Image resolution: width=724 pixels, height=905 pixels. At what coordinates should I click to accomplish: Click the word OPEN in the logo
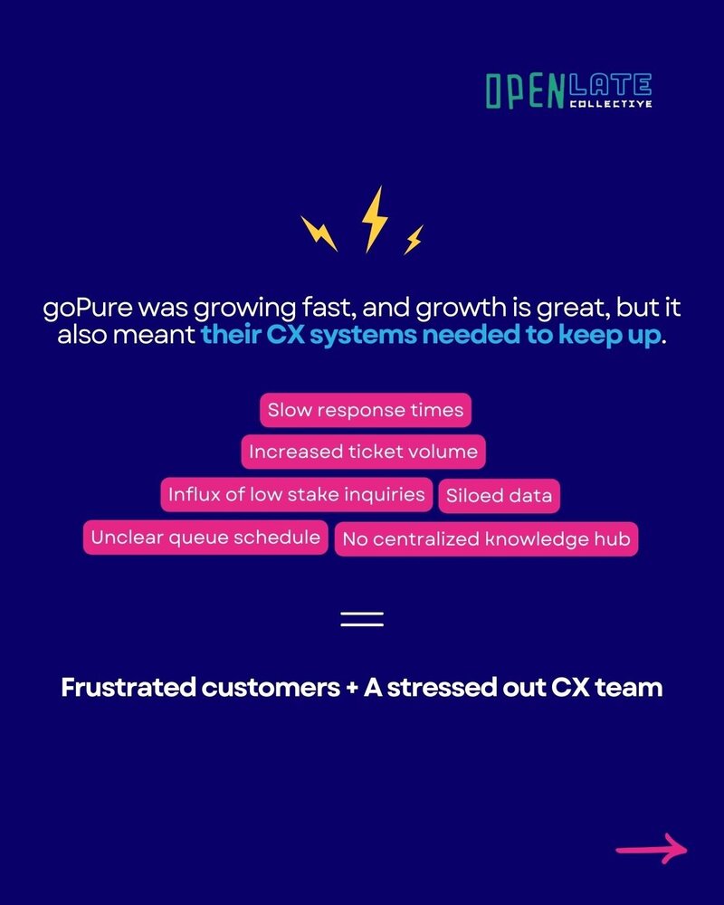525,91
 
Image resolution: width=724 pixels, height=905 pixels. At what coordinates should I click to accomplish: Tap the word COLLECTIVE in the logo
611,104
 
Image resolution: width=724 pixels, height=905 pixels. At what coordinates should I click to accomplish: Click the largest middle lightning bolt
375,219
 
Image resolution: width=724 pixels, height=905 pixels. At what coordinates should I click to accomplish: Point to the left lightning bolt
319,233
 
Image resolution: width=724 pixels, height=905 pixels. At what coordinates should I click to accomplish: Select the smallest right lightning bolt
414,240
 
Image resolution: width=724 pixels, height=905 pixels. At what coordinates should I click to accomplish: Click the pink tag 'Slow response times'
366,410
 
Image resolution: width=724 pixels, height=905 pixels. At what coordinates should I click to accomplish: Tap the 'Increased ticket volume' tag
363,452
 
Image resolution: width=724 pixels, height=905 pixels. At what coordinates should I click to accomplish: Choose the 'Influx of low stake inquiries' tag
297,495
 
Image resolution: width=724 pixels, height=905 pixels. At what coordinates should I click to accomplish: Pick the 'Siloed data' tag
499,496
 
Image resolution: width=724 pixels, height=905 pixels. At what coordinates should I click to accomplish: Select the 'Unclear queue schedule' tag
205,538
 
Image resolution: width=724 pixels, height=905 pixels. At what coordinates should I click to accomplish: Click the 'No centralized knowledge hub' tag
486,539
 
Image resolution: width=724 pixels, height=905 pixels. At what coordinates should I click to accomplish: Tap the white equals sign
362,619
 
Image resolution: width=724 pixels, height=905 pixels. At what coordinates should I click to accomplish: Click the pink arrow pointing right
652,849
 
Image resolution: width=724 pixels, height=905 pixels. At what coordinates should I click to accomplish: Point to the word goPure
88,309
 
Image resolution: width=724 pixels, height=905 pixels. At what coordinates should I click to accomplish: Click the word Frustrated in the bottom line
129,688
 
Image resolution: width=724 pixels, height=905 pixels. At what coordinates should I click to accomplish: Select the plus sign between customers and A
352,689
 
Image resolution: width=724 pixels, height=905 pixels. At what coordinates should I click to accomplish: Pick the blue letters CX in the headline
285,335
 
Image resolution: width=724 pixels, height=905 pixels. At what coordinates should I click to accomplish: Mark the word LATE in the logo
611,85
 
